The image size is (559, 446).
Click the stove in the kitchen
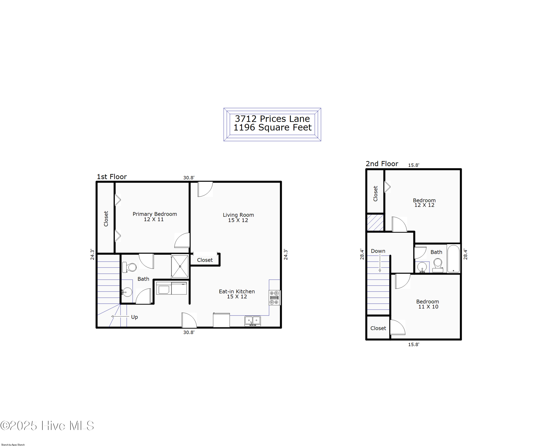pos(274,297)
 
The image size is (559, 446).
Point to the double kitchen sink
pos(252,321)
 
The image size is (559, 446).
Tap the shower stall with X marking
pos(180,266)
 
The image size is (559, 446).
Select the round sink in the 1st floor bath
pos(127,292)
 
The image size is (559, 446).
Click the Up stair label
pos(134,317)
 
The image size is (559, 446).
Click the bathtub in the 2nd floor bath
pos(453,259)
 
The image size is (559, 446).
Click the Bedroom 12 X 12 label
pos(424,203)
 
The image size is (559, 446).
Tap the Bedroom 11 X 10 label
pos(428,304)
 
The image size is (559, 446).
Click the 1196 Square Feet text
pos(272,127)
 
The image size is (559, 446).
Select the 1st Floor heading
pos(112,176)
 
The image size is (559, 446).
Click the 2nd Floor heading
pos(382,164)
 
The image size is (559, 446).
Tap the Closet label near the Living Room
pos(205,260)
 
